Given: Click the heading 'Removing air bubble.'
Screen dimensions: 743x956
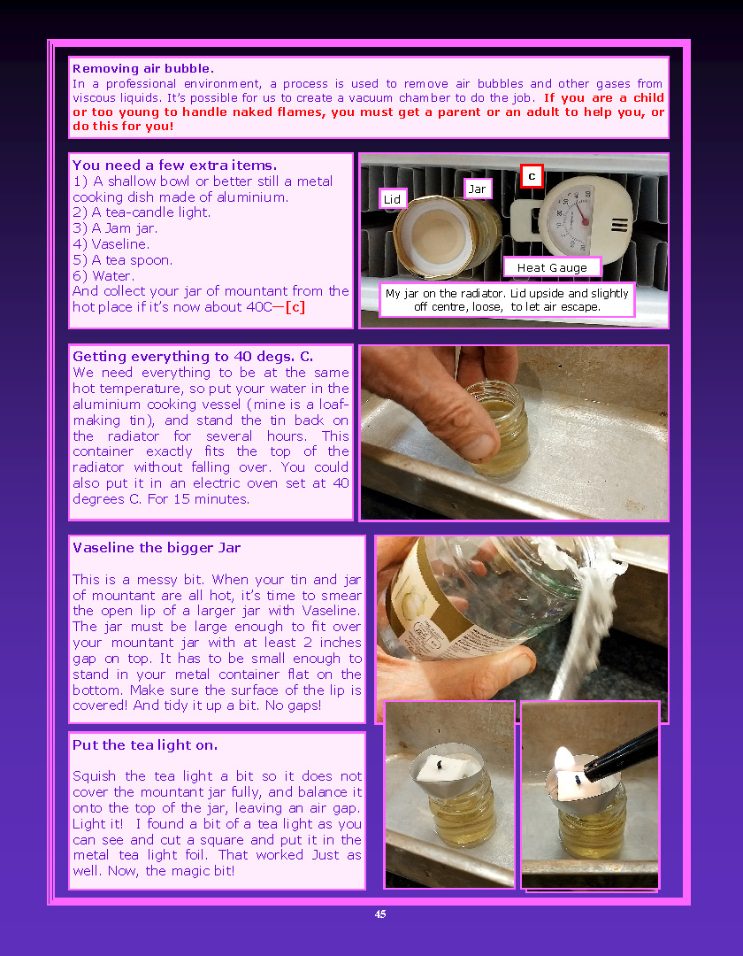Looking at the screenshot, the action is tap(143, 68).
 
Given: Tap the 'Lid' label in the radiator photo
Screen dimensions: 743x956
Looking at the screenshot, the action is tap(392, 199).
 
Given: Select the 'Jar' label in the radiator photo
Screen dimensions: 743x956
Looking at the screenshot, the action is tap(477, 189).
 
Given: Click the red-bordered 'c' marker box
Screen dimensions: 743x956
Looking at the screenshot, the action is tap(532, 176).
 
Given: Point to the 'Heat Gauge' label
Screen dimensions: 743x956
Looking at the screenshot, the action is tap(552, 267).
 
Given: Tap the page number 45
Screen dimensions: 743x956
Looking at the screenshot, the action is tap(380, 914).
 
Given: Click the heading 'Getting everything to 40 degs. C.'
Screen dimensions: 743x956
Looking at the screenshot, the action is tap(193, 356).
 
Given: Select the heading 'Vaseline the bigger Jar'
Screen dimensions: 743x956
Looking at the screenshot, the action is tap(157, 548).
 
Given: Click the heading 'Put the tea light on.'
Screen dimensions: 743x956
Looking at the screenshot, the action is tap(145, 744).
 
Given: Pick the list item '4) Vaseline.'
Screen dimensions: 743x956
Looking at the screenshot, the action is tap(111, 244).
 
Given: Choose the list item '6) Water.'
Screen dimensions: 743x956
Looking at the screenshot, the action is tap(103, 275).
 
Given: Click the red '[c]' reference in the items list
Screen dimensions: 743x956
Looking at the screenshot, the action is tap(295, 306).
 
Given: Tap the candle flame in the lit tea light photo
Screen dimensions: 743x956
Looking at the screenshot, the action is tap(564, 760).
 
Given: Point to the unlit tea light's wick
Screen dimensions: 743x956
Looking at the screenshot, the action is tap(440, 761).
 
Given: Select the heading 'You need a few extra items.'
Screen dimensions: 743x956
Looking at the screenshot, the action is tap(175, 165).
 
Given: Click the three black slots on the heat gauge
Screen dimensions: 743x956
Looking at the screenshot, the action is tap(620, 225).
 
